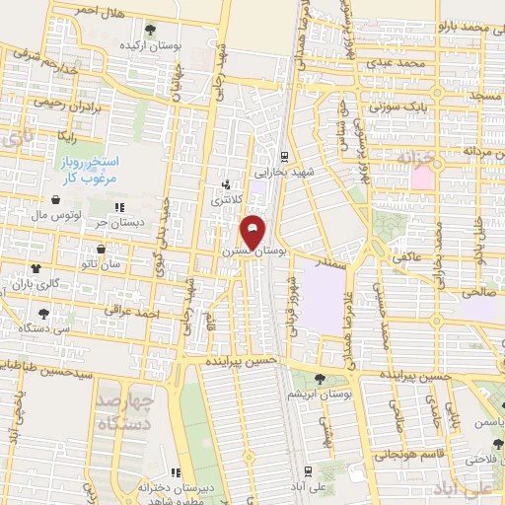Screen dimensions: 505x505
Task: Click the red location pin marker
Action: [253, 233]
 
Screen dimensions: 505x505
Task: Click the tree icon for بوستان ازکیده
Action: [150, 31]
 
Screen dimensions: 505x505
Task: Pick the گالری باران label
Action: [36, 283]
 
